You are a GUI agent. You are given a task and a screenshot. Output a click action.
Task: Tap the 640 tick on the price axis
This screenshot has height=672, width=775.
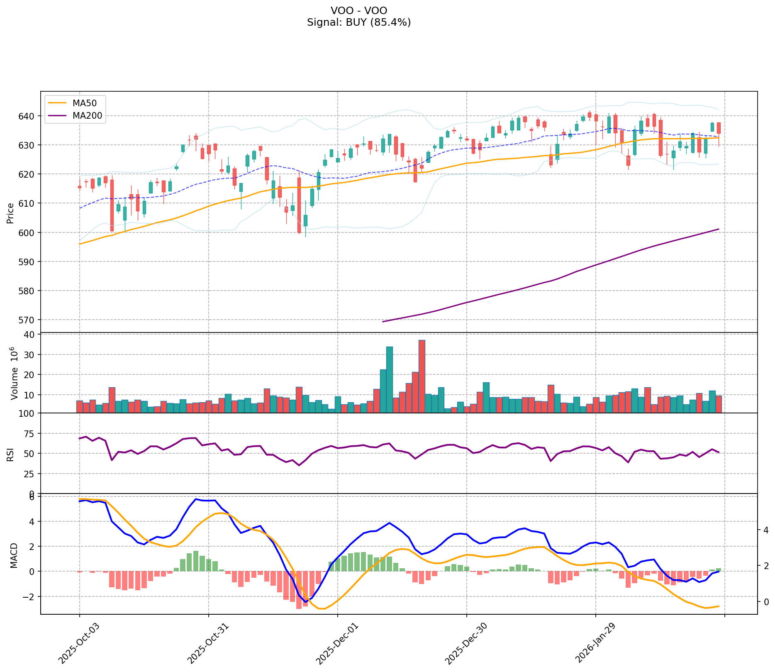point(30,116)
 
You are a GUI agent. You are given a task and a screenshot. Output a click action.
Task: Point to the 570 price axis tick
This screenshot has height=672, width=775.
point(30,320)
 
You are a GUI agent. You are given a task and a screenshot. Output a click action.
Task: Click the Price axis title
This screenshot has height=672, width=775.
point(10,213)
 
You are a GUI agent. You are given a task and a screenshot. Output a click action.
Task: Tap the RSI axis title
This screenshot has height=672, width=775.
point(10,454)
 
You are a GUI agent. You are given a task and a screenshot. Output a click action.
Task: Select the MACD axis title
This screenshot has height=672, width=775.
point(14,555)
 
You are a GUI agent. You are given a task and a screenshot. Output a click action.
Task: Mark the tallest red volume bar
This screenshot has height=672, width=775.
point(422,376)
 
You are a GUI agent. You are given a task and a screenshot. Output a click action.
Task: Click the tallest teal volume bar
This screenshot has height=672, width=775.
point(389,379)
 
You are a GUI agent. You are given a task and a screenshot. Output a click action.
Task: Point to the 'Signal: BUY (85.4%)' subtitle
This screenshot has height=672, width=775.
point(359,22)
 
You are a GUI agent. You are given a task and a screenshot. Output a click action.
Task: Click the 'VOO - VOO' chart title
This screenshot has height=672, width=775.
point(359,10)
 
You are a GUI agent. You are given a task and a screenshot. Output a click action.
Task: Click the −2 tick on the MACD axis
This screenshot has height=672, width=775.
point(30,597)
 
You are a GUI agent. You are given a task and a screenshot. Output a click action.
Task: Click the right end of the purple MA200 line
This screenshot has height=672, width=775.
point(718,229)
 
